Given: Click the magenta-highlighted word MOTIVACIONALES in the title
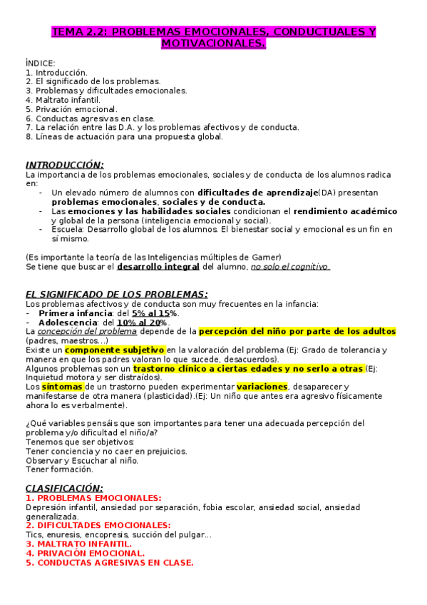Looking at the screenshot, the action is click(x=213, y=44).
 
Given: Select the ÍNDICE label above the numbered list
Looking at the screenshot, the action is click(x=40, y=63).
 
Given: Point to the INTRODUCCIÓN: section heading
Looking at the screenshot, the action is click(x=65, y=165).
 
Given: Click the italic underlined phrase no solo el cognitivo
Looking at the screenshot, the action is click(x=289, y=267).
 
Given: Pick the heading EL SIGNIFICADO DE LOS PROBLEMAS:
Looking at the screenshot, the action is click(x=117, y=294).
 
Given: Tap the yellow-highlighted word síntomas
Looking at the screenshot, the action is click(x=63, y=387).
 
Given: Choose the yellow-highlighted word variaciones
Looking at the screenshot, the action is click(x=262, y=387).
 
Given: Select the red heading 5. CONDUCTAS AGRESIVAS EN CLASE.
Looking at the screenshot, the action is click(x=109, y=562).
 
